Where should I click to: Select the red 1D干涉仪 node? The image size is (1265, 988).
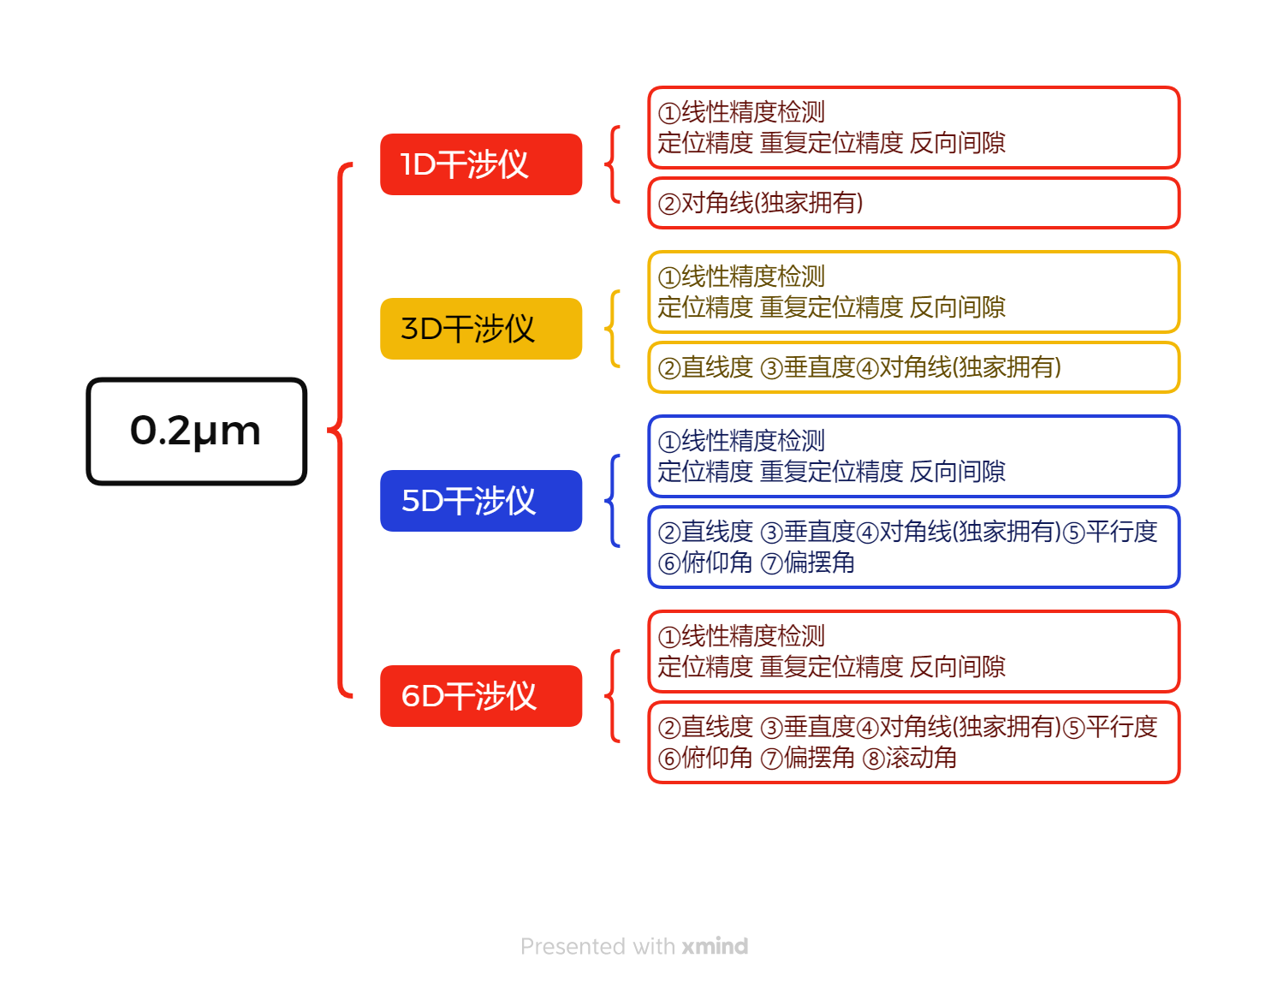point(480,164)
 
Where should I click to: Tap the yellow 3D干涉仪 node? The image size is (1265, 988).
point(480,329)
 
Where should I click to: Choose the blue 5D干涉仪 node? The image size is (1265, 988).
point(480,500)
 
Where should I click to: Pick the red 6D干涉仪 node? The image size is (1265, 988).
point(480,695)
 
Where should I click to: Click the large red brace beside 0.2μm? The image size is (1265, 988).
point(340,431)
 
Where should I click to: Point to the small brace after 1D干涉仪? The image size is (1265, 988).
point(611,164)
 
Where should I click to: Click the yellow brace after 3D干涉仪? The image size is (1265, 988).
point(611,329)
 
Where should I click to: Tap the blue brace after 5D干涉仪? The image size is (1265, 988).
point(611,500)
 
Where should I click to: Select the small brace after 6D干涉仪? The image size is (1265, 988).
point(611,695)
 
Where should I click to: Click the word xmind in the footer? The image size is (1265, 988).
point(715,945)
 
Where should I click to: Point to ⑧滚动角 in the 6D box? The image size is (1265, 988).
point(909,757)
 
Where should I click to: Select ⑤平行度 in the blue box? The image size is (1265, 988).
point(1109,531)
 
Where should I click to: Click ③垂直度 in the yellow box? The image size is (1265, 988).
point(807,366)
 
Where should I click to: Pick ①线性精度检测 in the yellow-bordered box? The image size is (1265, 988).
point(740,276)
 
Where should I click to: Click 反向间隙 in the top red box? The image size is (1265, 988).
point(957,142)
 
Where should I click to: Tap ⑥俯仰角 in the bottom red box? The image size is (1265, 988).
point(704,757)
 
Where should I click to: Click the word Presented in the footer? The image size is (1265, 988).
point(573,945)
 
